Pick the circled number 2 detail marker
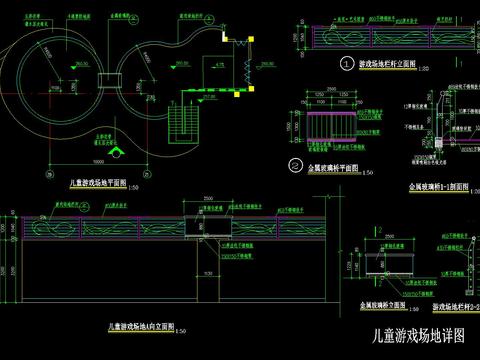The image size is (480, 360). pyautogui.click(x=295, y=166)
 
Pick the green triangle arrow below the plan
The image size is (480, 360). pyautogui.click(x=119, y=153)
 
